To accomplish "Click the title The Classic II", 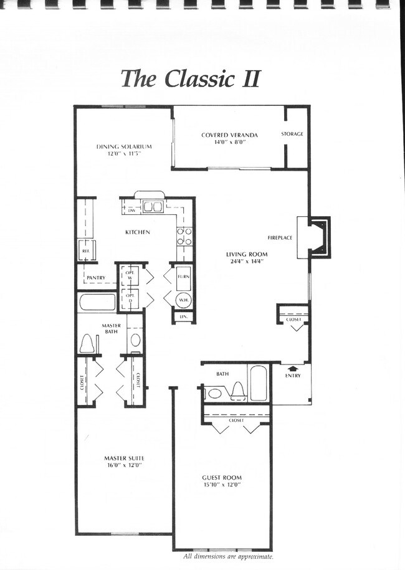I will coord(189,78).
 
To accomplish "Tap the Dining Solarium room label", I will coord(124,146).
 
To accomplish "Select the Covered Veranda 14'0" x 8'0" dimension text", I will coord(230,142).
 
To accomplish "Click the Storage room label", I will coord(292,134).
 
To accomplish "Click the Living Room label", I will coord(246,254).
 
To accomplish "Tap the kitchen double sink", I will coord(153,207).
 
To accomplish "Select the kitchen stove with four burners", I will coord(184,235).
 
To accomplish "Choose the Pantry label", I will coord(95,277).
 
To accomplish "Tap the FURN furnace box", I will coord(184,277).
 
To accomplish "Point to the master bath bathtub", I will coord(97,302).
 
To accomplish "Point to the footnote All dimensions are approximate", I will coord(228,556).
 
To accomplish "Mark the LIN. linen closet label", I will coord(183,317).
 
